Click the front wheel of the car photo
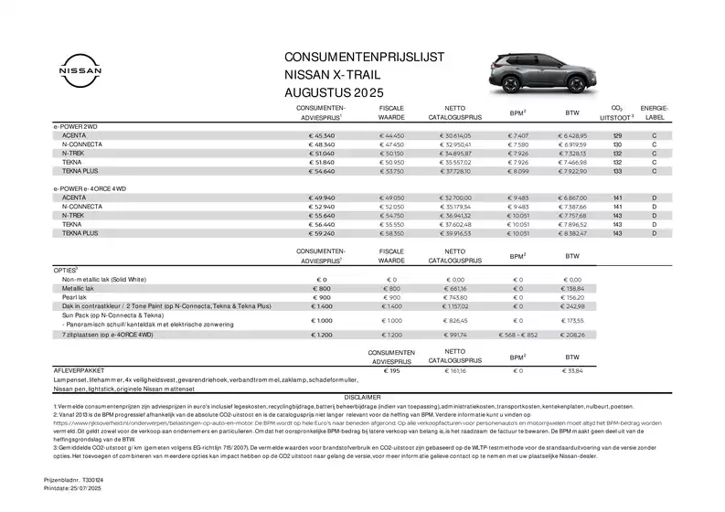(x=576, y=85)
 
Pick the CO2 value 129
(x=617, y=135)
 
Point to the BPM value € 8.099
(x=518, y=170)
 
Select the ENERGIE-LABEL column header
(x=655, y=112)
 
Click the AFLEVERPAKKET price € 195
(x=391, y=371)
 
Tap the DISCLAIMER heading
(x=363, y=397)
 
